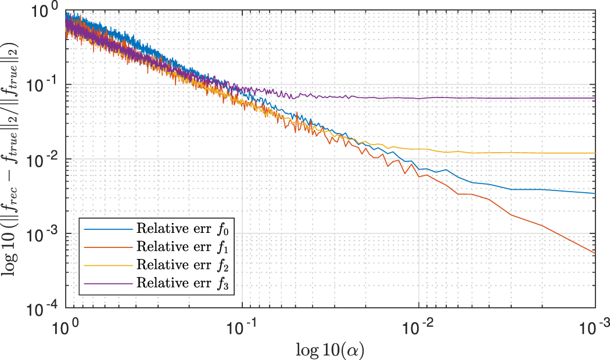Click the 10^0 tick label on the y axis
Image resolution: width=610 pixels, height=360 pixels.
[x=47, y=10]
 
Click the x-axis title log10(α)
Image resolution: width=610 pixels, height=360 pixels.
[x=331, y=348]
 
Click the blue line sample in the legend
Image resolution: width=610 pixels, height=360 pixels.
[x=108, y=229]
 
